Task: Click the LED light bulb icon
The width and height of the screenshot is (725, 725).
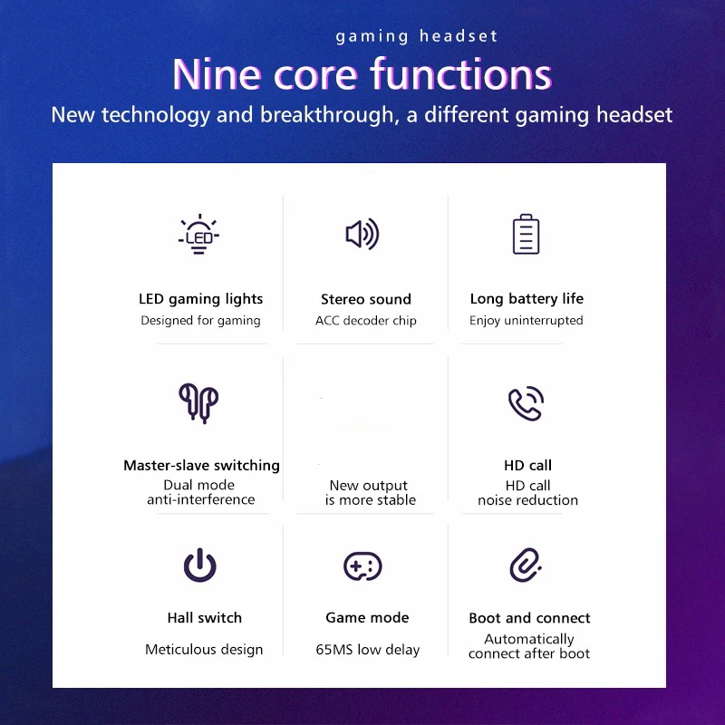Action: point(198,234)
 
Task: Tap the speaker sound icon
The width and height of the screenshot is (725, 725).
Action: point(362,234)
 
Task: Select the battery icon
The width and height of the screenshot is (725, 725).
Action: point(527,234)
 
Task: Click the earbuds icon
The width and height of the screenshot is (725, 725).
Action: point(198,403)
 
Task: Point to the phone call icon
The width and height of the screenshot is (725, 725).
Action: point(527,403)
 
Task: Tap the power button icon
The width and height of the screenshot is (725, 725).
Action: point(199,565)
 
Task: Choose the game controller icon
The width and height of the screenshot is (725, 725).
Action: point(362,565)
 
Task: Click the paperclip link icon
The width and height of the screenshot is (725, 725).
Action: point(526,565)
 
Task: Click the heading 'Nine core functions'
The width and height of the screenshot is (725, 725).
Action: point(362,74)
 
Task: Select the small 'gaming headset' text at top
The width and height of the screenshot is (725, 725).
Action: point(417,36)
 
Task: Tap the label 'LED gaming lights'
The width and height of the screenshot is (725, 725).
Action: point(200,299)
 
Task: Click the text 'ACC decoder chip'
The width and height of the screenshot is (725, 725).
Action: point(366,321)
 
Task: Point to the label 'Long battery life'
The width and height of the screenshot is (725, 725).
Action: point(527,299)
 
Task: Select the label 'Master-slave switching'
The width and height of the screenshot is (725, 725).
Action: point(201,465)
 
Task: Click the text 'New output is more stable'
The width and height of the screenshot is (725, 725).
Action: point(370,492)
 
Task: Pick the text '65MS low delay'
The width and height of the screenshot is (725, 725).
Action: point(368,650)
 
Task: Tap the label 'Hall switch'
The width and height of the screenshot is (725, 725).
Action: point(205,618)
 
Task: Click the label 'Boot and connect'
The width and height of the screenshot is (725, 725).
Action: point(529,618)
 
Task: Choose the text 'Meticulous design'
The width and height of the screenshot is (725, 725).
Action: point(204,650)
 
